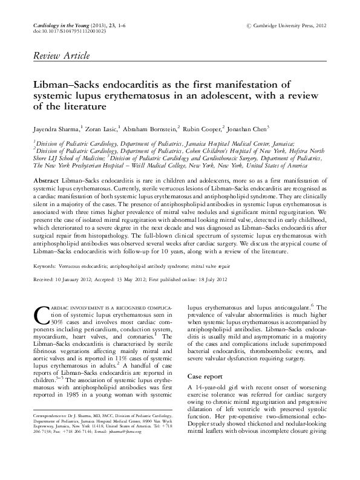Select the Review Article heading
click(x=55, y=56)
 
